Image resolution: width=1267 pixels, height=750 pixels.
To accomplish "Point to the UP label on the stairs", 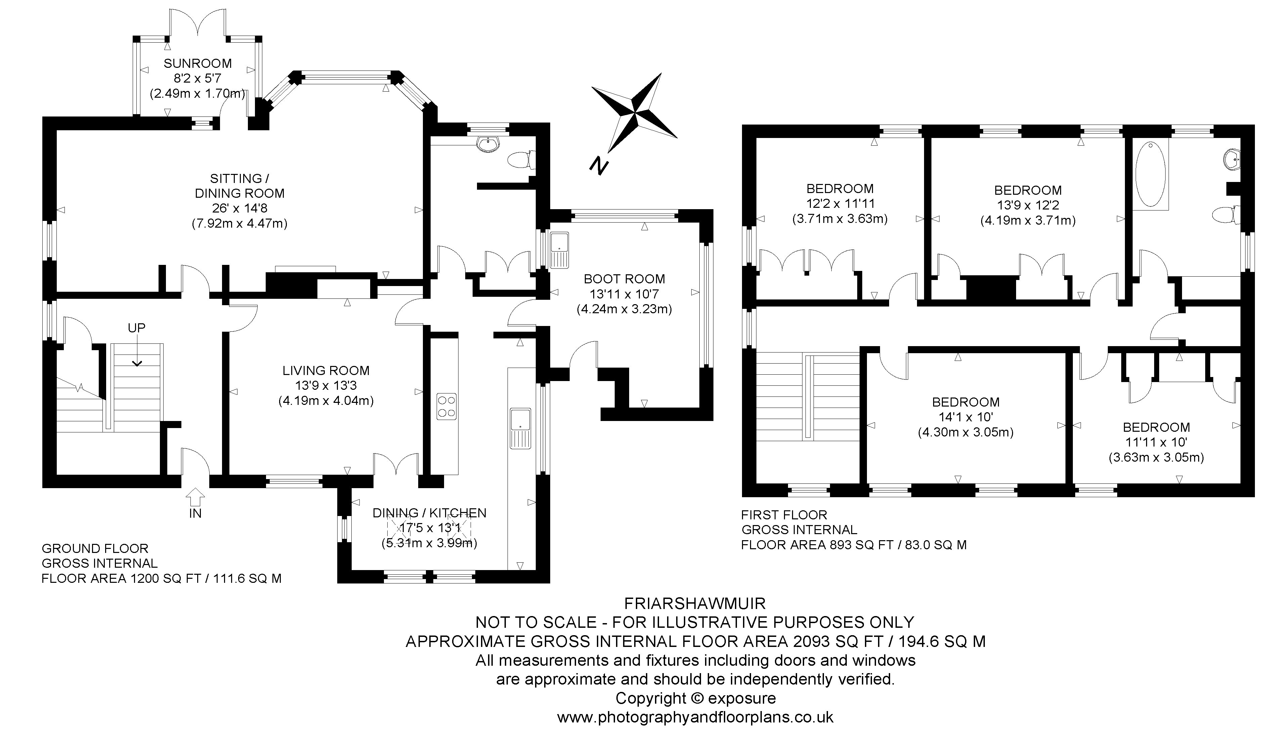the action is coord(136,328).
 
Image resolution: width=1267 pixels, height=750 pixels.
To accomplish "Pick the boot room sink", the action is coord(559,250).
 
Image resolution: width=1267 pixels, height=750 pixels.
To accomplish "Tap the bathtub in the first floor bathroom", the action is coord(1150,174).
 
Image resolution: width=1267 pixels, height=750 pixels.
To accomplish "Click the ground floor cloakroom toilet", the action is coord(521,160).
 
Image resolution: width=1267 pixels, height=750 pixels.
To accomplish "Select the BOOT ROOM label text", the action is coord(624,279).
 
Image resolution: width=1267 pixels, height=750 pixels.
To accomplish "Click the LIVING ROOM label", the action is coord(326,370).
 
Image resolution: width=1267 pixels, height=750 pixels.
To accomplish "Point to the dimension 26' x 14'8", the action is coord(239,208).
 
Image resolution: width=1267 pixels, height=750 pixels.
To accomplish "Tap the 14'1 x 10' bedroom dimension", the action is coord(966,417).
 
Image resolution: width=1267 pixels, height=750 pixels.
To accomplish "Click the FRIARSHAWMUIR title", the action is coord(695,603).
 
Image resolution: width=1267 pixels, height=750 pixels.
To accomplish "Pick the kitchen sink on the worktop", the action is coord(521,428).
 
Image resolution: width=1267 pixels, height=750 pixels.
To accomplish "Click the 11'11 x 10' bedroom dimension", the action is coord(1156,442).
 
